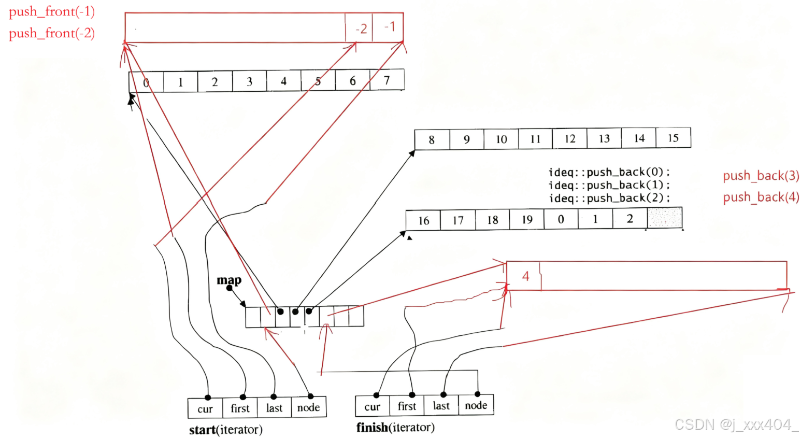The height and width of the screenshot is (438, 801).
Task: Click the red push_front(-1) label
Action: tap(51, 12)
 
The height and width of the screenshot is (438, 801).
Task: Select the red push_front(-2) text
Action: tap(51, 34)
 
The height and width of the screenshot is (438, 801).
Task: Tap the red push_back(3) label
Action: tap(761, 176)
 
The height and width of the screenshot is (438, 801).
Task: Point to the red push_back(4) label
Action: tap(761, 197)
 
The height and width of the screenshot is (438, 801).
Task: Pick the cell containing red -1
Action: tap(388, 27)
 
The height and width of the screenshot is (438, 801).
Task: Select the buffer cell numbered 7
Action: tap(387, 80)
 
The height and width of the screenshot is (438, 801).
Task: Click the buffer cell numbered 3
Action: tap(249, 81)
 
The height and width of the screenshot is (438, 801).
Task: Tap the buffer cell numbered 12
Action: tap(569, 138)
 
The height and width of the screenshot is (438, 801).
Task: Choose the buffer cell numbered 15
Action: tap(673, 138)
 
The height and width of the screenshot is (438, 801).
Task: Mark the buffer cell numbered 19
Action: tap(526, 219)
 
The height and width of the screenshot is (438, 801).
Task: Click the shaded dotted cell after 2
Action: tap(664, 218)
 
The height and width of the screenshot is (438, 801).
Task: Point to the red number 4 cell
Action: tap(524, 276)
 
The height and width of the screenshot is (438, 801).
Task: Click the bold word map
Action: tap(229, 280)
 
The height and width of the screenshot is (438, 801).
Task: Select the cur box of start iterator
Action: tap(205, 408)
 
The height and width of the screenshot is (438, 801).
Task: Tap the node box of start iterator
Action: tap(308, 408)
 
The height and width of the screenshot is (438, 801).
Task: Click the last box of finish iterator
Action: tap(441, 406)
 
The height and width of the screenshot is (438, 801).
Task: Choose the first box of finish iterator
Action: tap(407, 406)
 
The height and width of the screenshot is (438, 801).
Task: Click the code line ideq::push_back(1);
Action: tap(609, 185)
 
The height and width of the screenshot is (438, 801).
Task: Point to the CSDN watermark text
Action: tap(735, 425)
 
